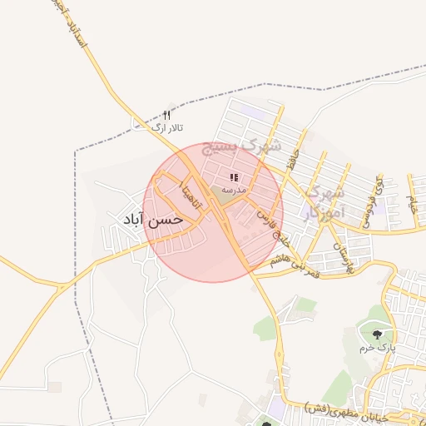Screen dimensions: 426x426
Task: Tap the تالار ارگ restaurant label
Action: click(x=166, y=127)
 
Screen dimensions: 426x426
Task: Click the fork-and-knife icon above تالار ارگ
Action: click(x=166, y=115)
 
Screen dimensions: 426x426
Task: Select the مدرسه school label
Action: click(x=234, y=190)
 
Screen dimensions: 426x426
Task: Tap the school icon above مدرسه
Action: click(x=235, y=177)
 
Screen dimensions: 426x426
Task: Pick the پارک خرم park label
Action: click(x=376, y=347)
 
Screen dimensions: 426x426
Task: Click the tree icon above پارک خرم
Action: click(x=377, y=334)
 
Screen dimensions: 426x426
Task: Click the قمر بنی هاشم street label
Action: click(x=292, y=259)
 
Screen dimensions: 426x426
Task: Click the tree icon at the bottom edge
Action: click(x=267, y=424)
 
